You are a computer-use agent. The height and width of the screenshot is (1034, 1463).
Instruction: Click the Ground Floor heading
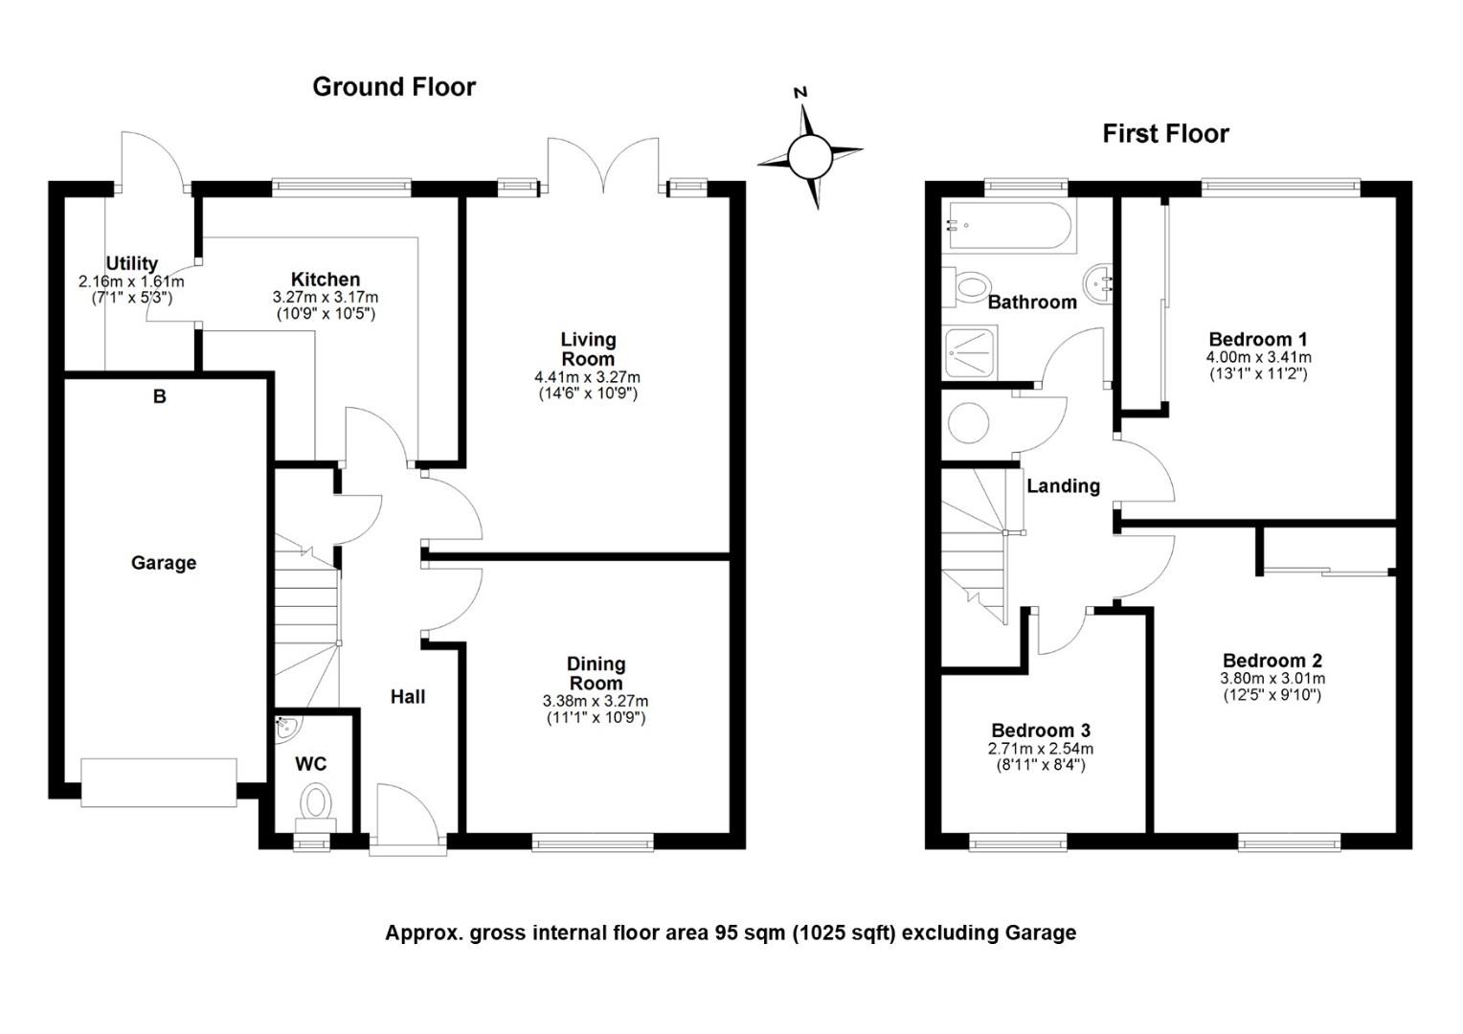tap(394, 87)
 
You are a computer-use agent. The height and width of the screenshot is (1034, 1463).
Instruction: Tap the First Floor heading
tap(1166, 134)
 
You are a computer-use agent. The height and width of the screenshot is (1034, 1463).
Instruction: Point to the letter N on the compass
tap(800, 93)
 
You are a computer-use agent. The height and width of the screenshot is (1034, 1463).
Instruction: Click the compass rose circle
tap(810, 157)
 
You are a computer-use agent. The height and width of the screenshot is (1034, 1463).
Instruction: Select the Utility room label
tap(132, 263)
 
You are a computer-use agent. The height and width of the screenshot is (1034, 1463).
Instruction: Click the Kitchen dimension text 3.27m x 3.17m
tap(326, 297)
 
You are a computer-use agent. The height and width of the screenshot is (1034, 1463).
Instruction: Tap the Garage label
tap(164, 563)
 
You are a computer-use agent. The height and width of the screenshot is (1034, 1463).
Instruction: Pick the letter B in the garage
tap(159, 396)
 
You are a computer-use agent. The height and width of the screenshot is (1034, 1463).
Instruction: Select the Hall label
tap(408, 697)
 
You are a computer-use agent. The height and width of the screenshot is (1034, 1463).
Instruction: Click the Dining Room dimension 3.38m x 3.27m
tap(595, 702)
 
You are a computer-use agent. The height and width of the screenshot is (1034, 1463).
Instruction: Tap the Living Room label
tap(588, 348)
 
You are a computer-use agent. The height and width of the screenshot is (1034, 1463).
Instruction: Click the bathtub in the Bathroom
tap(1009, 226)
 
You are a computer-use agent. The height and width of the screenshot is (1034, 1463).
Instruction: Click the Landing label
tap(1064, 486)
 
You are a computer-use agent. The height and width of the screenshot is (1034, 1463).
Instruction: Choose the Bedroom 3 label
tap(1041, 731)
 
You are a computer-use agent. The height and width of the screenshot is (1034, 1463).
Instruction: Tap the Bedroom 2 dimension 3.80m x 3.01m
tap(1272, 679)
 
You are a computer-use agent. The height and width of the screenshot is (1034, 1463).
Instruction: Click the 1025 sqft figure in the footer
tap(844, 933)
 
